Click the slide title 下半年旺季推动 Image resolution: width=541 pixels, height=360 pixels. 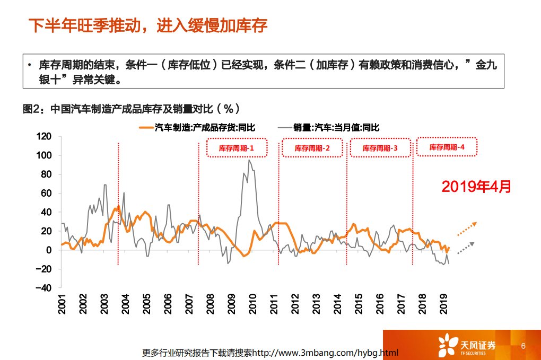click(x=147, y=25)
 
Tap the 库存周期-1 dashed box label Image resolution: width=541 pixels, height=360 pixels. click(x=237, y=148)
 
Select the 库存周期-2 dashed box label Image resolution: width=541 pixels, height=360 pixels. click(x=312, y=148)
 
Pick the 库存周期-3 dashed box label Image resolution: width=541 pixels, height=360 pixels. click(x=380, y=148)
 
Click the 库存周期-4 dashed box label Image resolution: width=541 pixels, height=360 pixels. click(x=447, y=147)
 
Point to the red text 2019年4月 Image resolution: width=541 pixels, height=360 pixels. click(x=476, y=186)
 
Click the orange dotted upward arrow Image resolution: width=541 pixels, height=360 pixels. click(x=466, y=229)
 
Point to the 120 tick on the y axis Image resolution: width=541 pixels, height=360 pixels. click(x=44, y=136)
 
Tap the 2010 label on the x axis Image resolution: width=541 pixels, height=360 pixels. click(x=253, y=304)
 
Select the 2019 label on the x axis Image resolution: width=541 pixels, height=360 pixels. click(x=445, y=304)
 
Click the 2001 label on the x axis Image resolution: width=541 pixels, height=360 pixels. click(x=62, y=304)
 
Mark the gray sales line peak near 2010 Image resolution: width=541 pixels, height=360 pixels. click(x=249, y=160)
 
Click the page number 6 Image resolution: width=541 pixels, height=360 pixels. click(x=523, y=346)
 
